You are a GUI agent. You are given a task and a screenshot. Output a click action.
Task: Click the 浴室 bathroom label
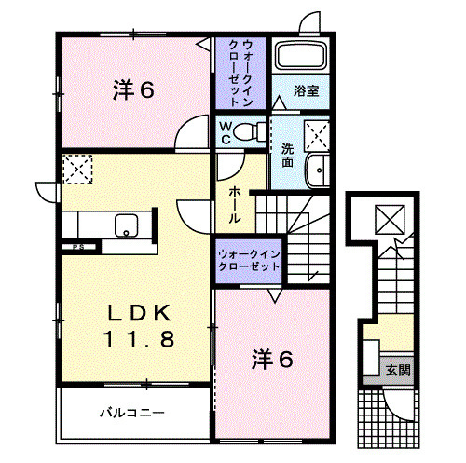pos(306,91)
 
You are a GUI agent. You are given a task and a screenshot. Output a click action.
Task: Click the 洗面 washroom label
pos(288,153)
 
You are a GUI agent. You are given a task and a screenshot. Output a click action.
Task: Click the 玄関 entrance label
pos(398,369)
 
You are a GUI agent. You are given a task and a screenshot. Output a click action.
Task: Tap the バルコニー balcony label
pos(132,411)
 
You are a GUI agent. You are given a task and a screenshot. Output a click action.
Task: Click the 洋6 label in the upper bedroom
pos(132,90)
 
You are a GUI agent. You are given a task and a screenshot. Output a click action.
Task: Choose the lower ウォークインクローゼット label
pos(249,260)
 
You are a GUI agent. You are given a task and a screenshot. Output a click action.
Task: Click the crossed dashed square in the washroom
pos(317,137)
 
